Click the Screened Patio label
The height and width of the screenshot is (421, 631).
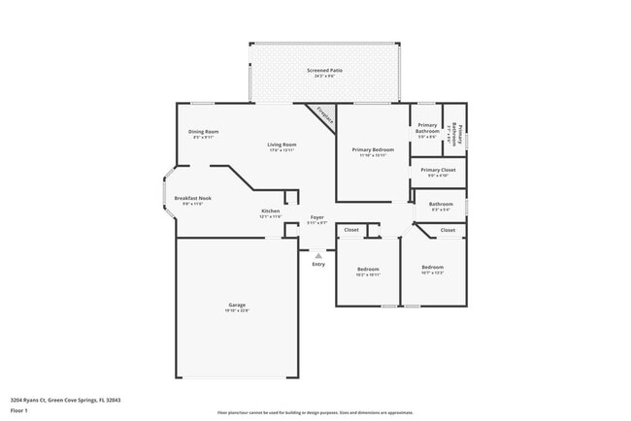(x=324, y=70)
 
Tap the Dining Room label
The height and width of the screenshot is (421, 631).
(x=203, y=131)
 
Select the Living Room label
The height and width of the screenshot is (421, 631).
(x=282, y=145)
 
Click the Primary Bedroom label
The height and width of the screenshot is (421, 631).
(x=373, y=149)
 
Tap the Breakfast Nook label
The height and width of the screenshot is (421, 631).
(x=192, y=198)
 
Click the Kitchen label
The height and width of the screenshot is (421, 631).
(x=271, y=210)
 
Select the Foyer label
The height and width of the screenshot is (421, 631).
(x=316, y=217)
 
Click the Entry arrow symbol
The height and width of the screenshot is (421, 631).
(x=317, y=256)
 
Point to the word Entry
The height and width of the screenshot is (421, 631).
(x=318, y=265)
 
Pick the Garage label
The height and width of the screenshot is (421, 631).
(x=237, y=305)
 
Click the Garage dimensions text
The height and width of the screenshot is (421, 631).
(x=237, y=310)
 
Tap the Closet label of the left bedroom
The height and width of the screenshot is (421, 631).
(x=351, y=230)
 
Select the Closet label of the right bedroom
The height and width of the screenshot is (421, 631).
(x=448, y=230)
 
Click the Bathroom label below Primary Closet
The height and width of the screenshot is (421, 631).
(x=442, y=204)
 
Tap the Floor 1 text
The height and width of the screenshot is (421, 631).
(x=19, y=409)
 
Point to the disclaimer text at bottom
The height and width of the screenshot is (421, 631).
(x=315, y=412)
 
